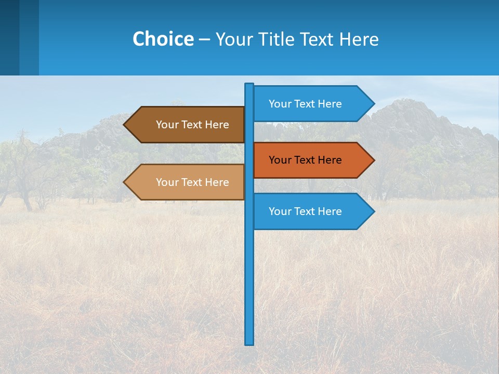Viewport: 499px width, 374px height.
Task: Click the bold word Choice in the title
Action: pyautogui.click(x=163, y=39)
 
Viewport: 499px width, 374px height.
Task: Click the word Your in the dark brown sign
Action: pyautogui.click(x=167, y=125)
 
